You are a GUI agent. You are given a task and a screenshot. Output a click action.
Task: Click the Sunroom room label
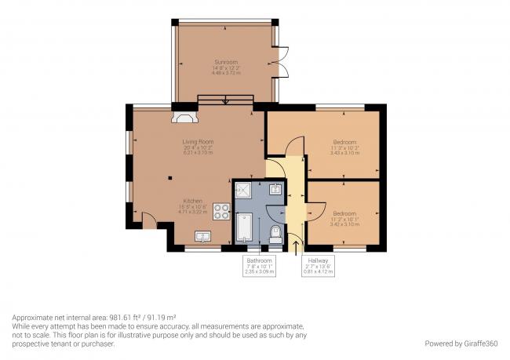[x=225, y=61]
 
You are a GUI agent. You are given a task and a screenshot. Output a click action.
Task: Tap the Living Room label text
[x=198, y=141]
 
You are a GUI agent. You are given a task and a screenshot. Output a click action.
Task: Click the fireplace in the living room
[x=184, y=118]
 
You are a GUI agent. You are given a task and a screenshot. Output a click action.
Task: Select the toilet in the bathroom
[x=275, y=232]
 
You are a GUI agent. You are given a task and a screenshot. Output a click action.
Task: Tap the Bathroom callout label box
[x=260, y=266]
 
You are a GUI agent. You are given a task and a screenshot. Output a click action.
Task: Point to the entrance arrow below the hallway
[x=296, y=248]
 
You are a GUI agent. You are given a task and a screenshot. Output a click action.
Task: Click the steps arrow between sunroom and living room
[x=226, y=100]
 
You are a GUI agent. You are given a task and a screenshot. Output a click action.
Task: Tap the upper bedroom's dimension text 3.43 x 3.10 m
[x=345, y=153]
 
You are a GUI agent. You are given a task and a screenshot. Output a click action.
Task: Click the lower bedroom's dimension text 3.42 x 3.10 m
[x=345, y=224]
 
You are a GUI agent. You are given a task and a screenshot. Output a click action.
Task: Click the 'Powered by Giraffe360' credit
[x=461, y=343]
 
